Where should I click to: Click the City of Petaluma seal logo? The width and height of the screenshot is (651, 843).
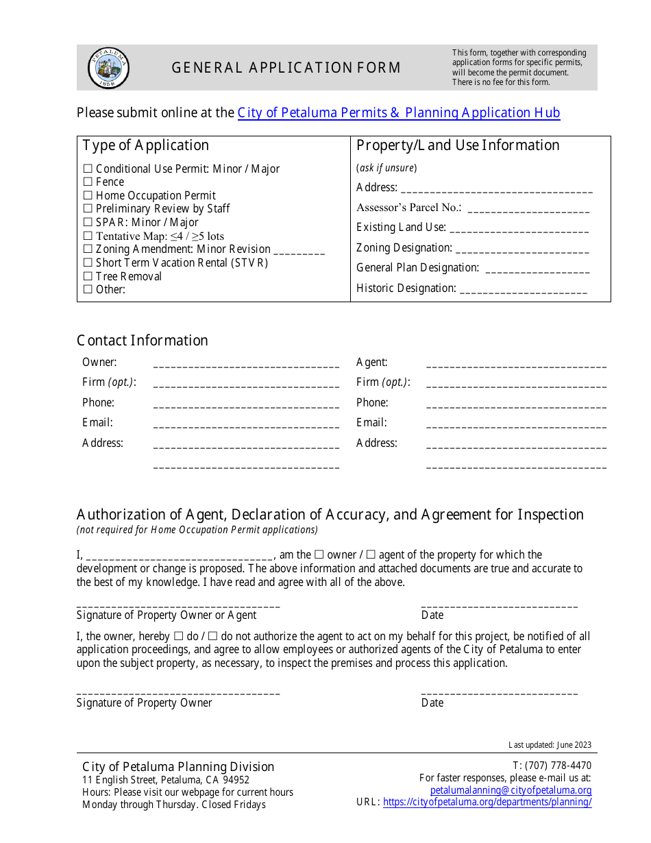click(x=108, y=68)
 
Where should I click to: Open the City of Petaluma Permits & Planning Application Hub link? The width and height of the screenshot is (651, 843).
click(x=399, y=113)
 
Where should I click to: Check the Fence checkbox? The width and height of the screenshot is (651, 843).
click(x=88, y=182)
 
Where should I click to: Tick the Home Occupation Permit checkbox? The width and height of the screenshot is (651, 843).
click(x=88, y=195)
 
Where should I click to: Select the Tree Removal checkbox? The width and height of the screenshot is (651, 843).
click(x=88, y=276)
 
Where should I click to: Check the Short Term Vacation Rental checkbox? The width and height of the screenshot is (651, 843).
click(x=88, y=262)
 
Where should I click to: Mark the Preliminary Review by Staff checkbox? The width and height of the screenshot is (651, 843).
click(x=88, y=208)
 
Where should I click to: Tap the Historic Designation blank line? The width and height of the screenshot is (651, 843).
click(x=524, y=289)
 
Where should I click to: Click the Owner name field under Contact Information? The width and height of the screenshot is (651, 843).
click(x=246, y=363)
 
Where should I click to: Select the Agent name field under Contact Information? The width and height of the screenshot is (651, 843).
click(x=516, y=363)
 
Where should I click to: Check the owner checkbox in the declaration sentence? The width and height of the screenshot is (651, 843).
click(x=319, y=555)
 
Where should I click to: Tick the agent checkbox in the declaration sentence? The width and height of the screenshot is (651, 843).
click(x=371, y=555)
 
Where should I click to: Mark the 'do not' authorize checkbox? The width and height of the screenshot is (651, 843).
click(x=212, y=637)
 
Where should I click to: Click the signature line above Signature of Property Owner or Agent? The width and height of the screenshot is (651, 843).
click(x=178, y=605)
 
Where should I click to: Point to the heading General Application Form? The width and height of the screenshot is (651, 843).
click(x=286, y=68)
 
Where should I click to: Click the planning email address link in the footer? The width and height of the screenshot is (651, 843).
click(x=511, y=790)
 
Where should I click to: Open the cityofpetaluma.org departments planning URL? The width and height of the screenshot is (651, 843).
click(x=487, y=802)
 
